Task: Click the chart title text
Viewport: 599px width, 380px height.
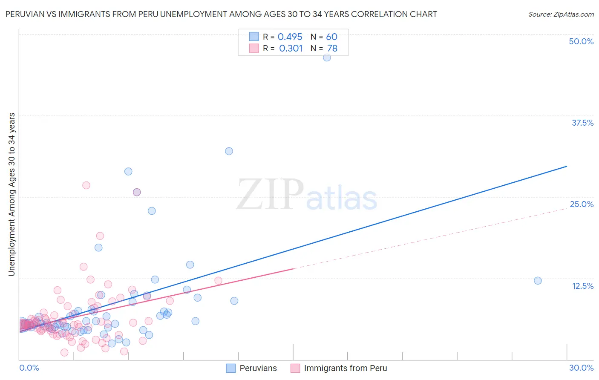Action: tap(221, 14)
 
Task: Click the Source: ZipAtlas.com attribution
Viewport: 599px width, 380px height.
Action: tap(561, 14)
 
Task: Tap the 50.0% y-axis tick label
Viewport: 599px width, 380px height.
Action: tap(581, 41)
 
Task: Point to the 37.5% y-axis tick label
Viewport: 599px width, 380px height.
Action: tap(582, 123)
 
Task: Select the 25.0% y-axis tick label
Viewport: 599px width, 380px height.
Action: tap(582, 204)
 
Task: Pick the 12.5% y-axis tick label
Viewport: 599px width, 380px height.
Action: tap(582, 286)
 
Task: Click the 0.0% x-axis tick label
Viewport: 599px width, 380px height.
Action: tap(29, 368)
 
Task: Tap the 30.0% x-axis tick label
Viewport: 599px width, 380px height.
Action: tap(581, 368)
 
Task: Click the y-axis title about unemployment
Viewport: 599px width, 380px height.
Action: tap(12, 194)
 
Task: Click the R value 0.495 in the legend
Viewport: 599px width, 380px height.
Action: tap(290, 37)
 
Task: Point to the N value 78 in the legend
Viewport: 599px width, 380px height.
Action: tap(332, 49)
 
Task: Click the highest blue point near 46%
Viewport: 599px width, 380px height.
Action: tap(327, 58)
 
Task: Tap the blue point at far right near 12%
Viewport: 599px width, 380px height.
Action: tap(538, 280)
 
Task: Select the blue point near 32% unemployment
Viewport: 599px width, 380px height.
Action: tap(229, 151)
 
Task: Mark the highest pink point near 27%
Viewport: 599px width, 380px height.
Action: tap(86, 185)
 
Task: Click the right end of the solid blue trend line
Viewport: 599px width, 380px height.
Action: tap(567, 166)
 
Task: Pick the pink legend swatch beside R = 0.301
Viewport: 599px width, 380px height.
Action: tap(254, 48)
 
